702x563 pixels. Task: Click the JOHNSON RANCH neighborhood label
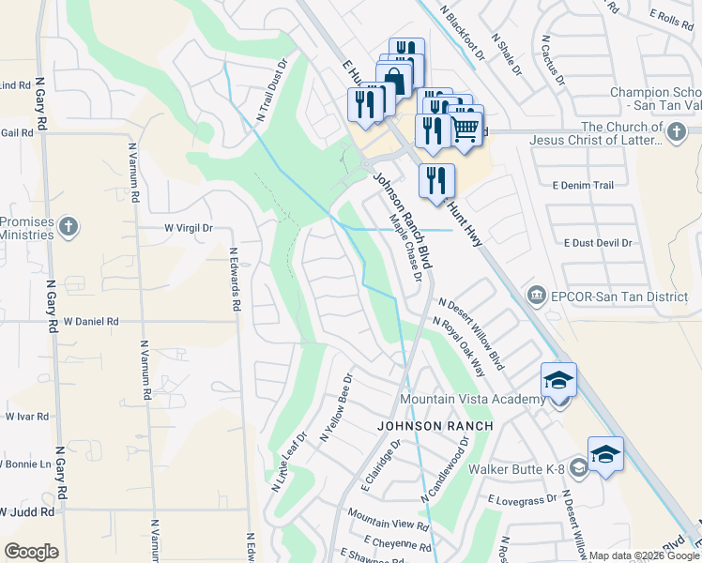435,427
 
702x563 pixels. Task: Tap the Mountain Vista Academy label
472,400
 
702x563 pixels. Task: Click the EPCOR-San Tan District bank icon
536,297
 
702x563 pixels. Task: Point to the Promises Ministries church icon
68,227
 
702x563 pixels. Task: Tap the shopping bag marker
395,80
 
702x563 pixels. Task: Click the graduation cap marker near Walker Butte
605,454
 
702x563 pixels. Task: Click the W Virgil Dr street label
189,227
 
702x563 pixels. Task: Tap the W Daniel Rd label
91,321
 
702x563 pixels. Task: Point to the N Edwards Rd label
234,279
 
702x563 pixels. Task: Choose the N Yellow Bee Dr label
335,408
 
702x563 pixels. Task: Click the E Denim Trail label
583,186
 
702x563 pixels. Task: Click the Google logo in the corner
31,551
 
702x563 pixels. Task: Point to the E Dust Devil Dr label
598,242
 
